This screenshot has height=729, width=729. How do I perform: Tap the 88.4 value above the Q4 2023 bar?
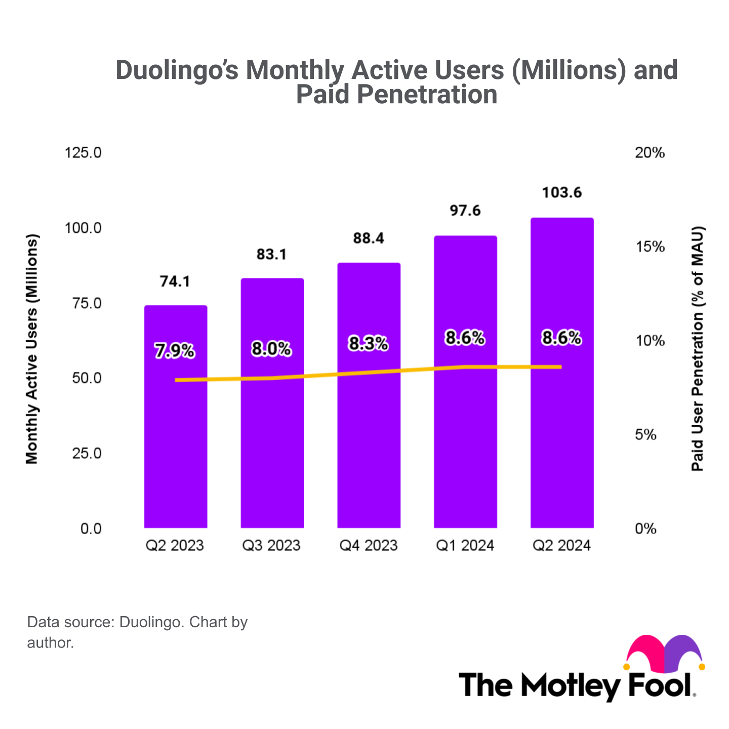tap(369, 238)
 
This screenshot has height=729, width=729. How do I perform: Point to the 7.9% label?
tap(175, 350)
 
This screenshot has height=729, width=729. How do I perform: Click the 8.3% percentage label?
tap(369, 344)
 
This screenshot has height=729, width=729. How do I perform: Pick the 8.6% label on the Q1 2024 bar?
tap(465, 338)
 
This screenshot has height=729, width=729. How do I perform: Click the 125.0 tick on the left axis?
tap(84, 152)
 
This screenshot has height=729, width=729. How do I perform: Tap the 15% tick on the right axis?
tap(650, 247)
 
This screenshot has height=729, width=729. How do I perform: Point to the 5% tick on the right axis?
tap(645, 435)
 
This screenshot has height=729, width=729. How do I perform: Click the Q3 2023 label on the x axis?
tap(271, 546)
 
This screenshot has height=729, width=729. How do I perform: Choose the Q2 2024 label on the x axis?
tap(562, 546)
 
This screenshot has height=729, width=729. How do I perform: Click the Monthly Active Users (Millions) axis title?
tap(32, 349)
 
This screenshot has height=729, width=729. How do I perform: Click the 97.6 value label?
tap(465, 210)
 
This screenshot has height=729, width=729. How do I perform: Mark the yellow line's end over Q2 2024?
tap(561, 367)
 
